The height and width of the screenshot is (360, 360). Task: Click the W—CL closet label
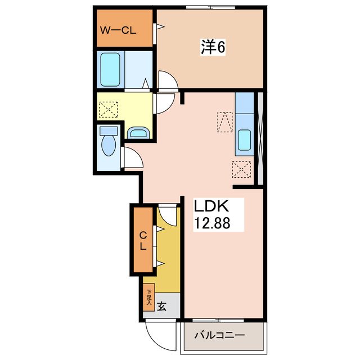click(x=118, y=30)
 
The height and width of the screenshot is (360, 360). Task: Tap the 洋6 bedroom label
click(x=213, y=47)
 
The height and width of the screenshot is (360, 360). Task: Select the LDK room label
click(x=211, y=206)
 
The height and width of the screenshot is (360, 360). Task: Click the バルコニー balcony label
click(x=219, y=335)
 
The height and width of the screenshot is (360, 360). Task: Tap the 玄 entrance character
click(x=161, y=306)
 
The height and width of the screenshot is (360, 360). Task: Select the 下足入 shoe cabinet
click(x=148, y=298)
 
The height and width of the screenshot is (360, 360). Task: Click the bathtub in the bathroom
click(x=110, y=70)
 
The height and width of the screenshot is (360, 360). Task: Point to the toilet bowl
click(x=109, y=146)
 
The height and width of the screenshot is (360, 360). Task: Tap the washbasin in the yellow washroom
click(x=138, y=133)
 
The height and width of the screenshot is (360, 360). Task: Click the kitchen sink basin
click(x=244, y=140)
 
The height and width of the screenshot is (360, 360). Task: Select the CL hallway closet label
click(x=143, y=241)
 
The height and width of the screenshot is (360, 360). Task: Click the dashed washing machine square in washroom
click(x=109, y=110)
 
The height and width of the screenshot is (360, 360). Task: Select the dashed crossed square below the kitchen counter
click(x=241, y=169)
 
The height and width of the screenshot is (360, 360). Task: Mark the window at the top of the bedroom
click(x=210, y=7)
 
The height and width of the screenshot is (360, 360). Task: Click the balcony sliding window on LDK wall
click(x=218, y=320)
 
